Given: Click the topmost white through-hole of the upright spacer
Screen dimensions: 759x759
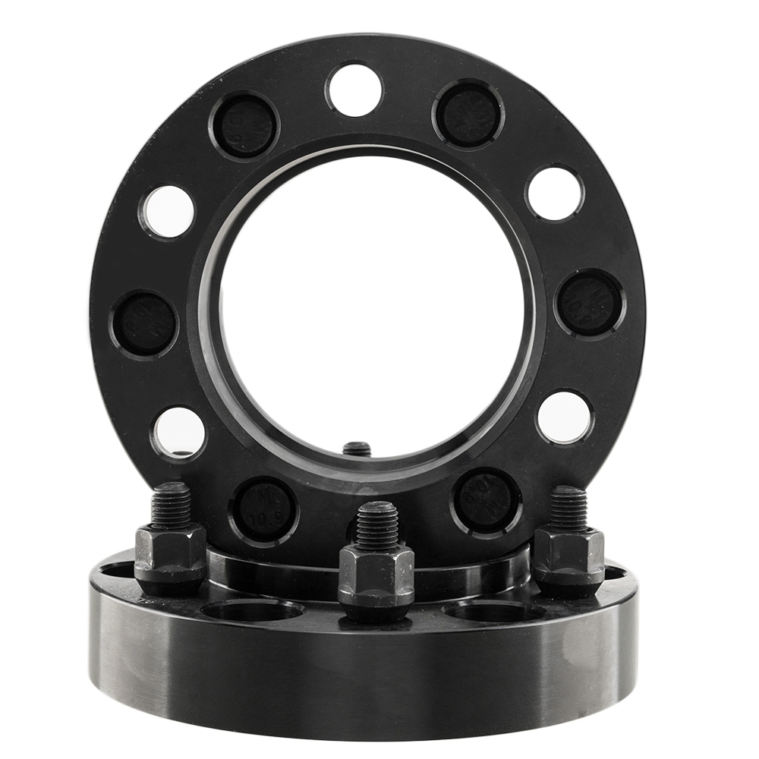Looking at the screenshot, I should click(354, 90).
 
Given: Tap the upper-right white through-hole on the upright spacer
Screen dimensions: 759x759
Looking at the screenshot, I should click(555, 193).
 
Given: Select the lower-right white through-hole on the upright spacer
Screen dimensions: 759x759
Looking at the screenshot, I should click(565, 417).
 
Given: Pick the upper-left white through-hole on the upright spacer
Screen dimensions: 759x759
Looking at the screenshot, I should click(167, 211).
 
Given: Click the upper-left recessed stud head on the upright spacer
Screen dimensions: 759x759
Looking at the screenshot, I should click(244, 125).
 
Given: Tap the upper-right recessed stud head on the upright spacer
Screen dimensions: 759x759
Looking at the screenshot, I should click(468, 114).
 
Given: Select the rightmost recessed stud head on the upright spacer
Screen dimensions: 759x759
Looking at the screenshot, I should click(590, 303).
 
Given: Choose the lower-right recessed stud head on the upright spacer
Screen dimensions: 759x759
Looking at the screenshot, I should click(486, 500).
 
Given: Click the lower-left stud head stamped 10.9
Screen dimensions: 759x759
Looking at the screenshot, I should click(263, 510).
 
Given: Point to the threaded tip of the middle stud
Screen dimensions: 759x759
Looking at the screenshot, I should click(376, 524).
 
